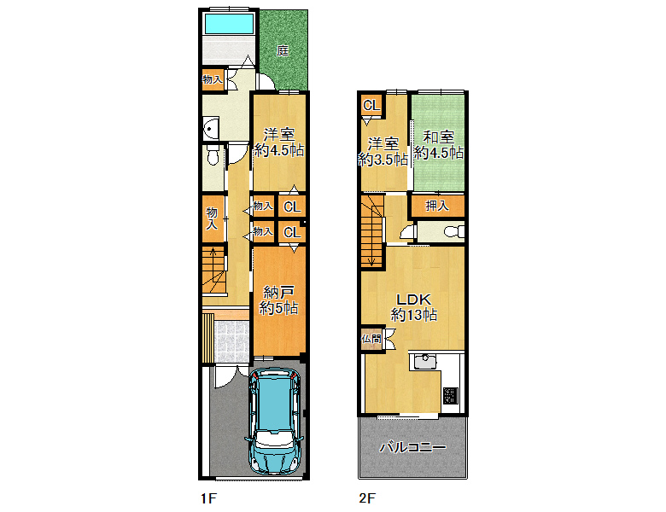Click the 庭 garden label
point(283,50)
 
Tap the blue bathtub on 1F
point(230,23)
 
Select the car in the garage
point(275,422)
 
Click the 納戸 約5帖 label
point(279,300)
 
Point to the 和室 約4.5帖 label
point(439,145)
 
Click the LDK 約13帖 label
point(414,307)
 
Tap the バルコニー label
point(413,447)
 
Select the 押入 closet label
point(437,206)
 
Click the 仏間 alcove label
point(371,340)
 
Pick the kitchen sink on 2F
point(424,361)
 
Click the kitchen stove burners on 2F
point(451,396)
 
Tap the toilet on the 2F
point(454,232)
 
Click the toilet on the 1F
point(213,155)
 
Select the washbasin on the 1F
point(210,128)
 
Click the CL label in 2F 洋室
point(371,105)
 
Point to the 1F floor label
point(208,498)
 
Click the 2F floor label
point(367,498)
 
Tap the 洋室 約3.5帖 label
point(383,152)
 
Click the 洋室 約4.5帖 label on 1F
point(279,143)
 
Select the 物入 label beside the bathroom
point(213,79)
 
